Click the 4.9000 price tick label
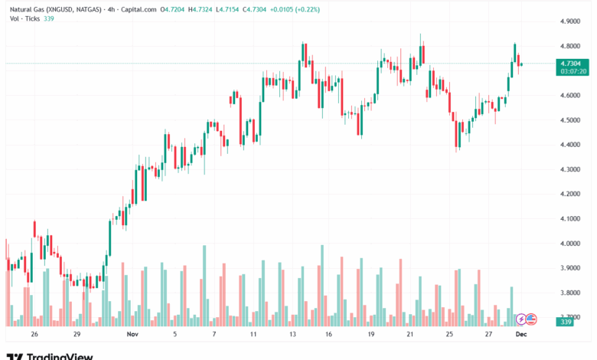click(570, 21)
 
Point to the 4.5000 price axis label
click(570, 120)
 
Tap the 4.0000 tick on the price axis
click(570, 244)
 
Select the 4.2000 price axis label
click(570, 195)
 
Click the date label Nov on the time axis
click(132, 334)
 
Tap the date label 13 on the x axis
click(293, 334)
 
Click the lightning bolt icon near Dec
click(522, 319)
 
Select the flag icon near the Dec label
click(531, 319)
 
